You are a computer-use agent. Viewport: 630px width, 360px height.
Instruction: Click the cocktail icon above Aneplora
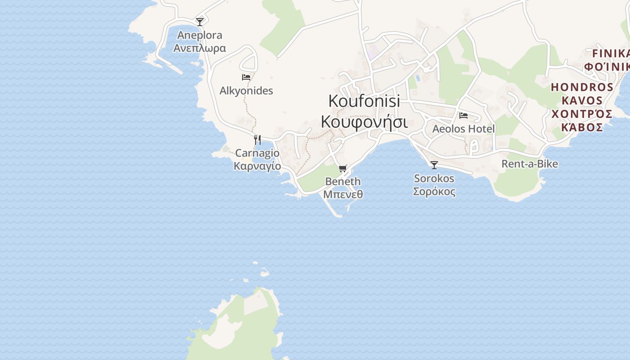pos(200,22)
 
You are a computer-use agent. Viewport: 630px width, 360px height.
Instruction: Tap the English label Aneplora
pos(200,35)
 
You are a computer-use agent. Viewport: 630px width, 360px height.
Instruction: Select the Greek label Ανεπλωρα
pos(200,48)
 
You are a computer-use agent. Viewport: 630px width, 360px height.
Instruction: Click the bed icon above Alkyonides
pos(246,77)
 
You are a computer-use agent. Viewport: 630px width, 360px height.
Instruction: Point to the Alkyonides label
pos(246,91)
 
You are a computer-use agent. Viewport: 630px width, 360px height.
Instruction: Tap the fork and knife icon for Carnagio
pos(257,139)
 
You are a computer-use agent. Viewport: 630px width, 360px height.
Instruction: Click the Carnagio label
pos(257,153)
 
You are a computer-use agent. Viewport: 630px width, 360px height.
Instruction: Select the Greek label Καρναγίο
pos(257,166)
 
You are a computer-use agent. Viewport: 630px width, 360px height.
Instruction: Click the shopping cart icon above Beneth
pos(343,169)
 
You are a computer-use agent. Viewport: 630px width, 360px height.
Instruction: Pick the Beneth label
pos(343,182)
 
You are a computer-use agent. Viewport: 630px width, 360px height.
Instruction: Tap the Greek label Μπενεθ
pos(343,194)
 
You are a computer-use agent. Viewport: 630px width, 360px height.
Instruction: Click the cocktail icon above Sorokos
pos(434,165)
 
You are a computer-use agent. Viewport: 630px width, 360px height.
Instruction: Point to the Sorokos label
pos(434,179)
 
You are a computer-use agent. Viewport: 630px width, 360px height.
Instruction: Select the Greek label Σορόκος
pos(434,191)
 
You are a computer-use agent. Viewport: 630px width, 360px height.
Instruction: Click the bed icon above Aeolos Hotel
pos(463,116)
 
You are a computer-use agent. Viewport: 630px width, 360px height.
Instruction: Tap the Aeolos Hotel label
pos(463,129)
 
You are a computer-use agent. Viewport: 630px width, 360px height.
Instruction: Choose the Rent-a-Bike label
pos(530,164)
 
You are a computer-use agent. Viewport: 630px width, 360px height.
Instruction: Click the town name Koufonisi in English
pos(364,101)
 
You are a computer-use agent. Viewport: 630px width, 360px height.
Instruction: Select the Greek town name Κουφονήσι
pos(364,121)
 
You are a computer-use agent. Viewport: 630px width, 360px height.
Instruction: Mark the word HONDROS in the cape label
pos(582,87)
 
